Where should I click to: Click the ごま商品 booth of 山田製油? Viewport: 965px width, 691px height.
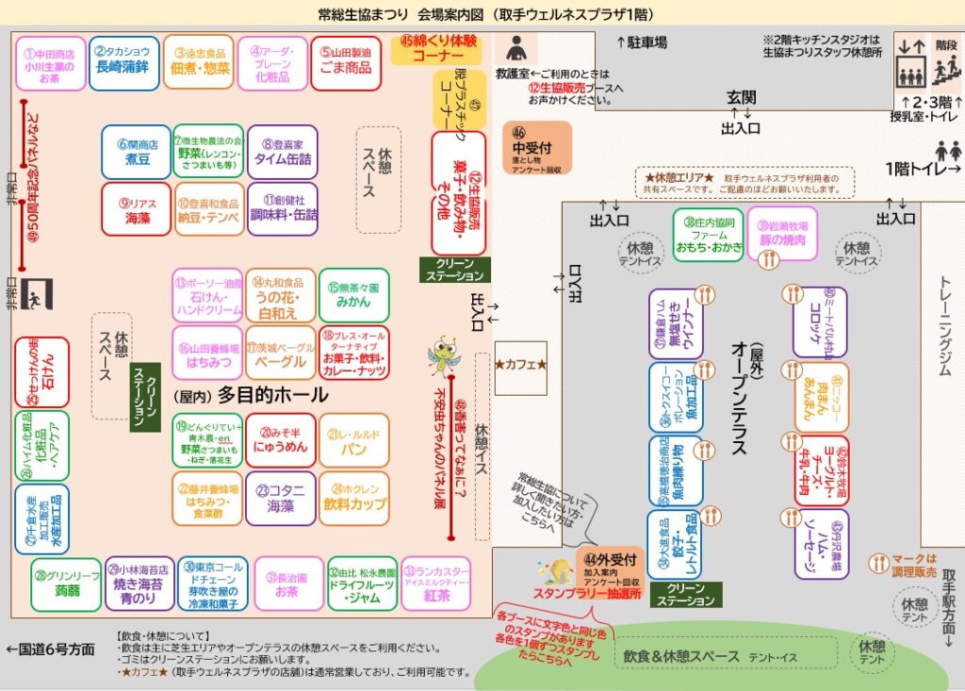pyautogui.click(x=346, y=61)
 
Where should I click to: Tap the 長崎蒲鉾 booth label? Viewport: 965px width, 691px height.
pyautogui.click(x=123, y=61)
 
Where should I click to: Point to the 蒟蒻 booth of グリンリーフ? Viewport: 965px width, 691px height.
pyautogui.click(x=65, y=584)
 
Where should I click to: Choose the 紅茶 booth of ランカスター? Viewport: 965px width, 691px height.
pyautogui.click(x=435, y=584)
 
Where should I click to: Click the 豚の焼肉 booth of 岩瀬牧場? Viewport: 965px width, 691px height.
pyautogui.click(x=782, y=233)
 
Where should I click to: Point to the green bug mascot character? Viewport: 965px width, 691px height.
pyautogui.click(x=442, y=357)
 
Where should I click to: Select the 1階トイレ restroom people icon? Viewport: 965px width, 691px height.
pyautogui.click(x=947, y=151)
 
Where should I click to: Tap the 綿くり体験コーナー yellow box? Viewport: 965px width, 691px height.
pyautogui.click(x=438, y=48)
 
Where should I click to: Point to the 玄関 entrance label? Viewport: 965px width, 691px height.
pyautogui.click(x=741, y=98)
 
